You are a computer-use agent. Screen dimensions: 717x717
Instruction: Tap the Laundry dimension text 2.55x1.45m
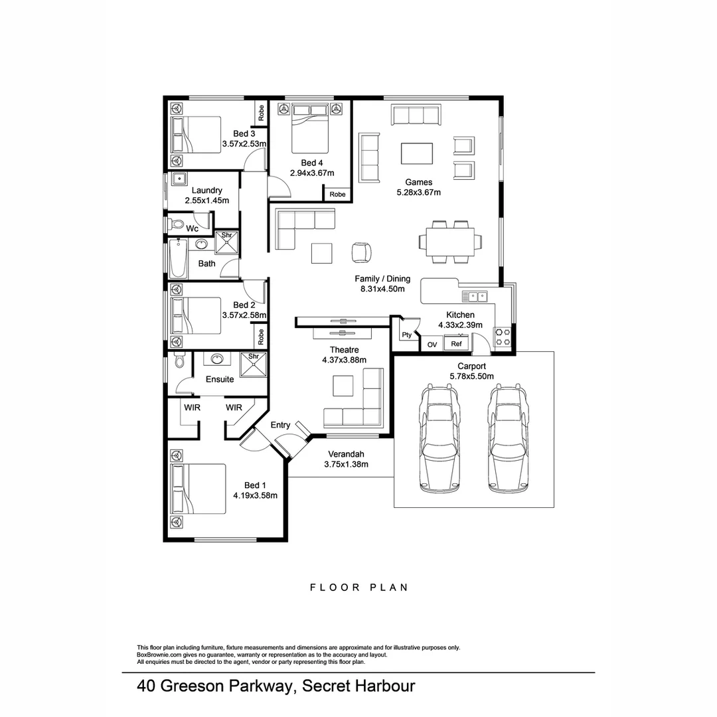206,200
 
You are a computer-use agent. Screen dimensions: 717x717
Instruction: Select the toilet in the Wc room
176,225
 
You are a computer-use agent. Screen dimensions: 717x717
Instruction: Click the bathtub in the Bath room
178,260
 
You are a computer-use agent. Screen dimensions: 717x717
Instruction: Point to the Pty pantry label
406,335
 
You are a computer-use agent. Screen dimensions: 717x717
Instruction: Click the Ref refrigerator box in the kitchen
456,344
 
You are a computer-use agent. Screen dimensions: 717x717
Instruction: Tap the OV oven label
432,345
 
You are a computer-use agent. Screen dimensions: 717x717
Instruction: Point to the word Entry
280,425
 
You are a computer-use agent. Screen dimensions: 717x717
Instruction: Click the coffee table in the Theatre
343,386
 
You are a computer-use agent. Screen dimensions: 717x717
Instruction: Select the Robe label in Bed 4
337,195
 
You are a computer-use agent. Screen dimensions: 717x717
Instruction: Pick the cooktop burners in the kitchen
502,336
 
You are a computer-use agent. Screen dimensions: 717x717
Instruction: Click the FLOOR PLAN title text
358,588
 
